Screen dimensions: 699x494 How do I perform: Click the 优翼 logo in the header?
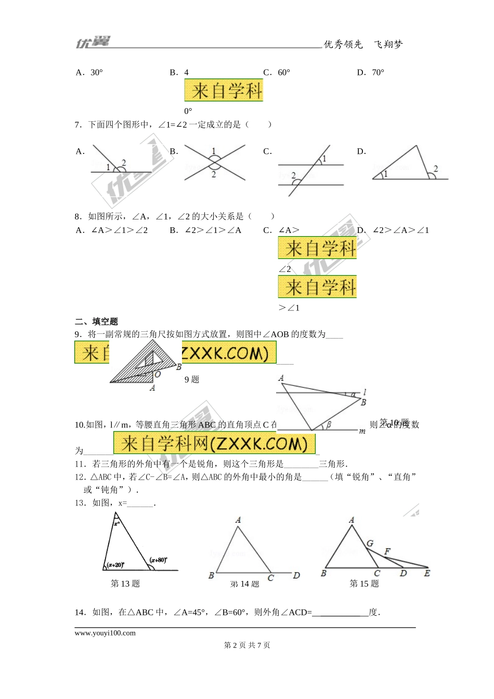[93, 42]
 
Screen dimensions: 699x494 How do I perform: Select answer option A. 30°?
[89, 72]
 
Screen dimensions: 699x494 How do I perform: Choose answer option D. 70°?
[370, 72]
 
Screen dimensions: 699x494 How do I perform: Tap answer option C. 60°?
[277, 72]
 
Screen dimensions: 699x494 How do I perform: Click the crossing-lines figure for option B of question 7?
[214, 163]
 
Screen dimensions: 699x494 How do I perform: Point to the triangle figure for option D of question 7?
[410, 164]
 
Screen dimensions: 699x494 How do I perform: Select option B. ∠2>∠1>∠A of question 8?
[205, 230]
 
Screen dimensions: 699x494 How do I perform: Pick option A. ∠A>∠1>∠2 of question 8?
[112, 230]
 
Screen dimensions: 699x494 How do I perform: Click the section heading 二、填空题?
[97, 321]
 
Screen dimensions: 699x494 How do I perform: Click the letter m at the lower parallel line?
[362, 431]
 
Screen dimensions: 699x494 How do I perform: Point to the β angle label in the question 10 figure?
[329, 425]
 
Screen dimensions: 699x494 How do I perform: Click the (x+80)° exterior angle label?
[158, 560]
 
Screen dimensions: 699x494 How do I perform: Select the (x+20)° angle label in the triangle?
[115, 565]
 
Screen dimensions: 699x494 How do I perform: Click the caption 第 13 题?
[125, 584]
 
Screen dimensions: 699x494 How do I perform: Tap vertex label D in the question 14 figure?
[296, 575]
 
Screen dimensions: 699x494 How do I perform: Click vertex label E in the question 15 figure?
[427, 573]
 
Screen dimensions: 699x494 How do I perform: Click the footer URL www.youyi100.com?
[105, 633]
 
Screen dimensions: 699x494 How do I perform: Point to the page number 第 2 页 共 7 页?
[247, 645]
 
